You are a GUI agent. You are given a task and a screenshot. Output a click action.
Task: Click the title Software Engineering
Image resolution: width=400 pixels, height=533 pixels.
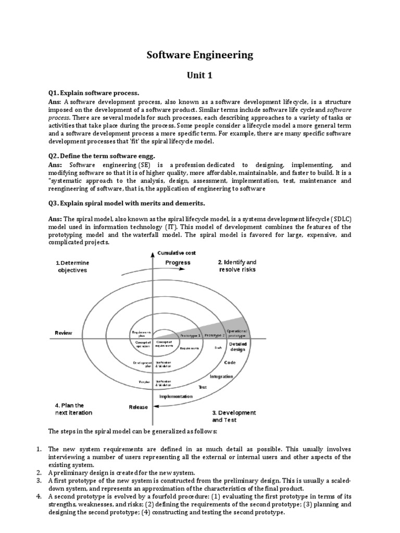click(200, 55)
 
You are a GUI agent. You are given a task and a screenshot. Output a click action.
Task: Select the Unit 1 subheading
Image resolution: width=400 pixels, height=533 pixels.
click(200, 75)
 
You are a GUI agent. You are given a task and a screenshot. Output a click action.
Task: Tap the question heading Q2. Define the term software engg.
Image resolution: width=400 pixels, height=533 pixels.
click(99, 156)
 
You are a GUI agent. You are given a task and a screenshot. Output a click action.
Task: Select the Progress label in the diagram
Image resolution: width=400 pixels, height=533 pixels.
click(178, 263)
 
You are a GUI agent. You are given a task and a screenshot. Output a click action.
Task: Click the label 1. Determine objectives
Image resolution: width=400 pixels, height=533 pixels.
click(72, 266)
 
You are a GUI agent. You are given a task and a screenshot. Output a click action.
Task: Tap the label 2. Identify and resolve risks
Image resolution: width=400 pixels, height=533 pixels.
click(237, 266)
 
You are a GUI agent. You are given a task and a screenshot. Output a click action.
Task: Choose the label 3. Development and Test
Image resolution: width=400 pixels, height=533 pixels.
click(234, 416)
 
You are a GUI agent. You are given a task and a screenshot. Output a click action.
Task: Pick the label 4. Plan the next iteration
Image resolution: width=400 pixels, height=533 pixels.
click(73, 409)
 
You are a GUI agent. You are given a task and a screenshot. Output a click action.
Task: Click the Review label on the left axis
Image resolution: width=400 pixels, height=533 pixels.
click(64, 333)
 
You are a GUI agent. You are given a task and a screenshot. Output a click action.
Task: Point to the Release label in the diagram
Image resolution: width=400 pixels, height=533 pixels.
click(139, 407)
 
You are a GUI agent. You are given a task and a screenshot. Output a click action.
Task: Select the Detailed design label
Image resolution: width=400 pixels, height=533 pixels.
click(238, 347)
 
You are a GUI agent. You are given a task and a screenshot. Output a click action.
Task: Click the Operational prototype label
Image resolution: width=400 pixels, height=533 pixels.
click(237, 334)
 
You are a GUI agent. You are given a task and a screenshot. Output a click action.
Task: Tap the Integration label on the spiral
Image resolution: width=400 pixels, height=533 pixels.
click(221, 376)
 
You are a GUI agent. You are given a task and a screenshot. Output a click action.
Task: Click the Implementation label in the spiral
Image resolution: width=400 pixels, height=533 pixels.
click(176, 396)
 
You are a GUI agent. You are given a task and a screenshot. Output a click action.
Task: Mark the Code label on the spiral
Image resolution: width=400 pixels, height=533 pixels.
click(230, 362)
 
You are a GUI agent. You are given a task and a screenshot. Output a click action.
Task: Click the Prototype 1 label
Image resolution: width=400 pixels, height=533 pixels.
click(191, 336)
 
